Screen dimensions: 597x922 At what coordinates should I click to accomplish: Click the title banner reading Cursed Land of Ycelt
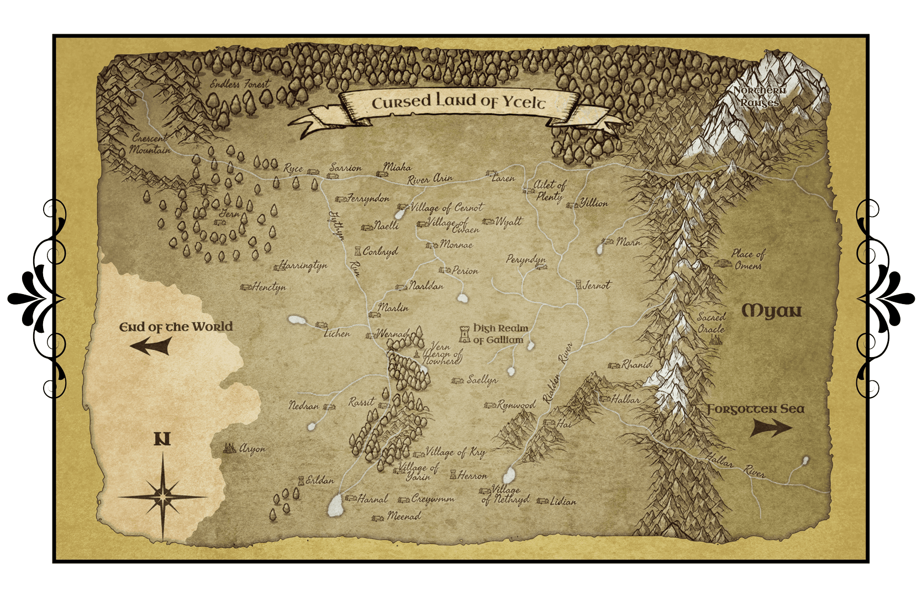458,102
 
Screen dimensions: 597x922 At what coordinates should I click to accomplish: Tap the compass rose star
162,497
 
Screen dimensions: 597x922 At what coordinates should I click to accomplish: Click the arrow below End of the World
150,347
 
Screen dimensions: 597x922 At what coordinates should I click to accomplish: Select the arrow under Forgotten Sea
771,427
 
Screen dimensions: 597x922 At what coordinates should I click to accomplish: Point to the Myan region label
771,311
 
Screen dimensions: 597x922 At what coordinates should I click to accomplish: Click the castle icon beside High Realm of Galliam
464,334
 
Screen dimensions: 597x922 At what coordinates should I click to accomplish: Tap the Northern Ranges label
760,96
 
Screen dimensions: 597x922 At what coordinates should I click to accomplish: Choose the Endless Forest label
240,85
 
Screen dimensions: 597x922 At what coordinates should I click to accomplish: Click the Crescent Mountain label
150,144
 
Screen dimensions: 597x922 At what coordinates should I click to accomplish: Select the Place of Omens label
748,259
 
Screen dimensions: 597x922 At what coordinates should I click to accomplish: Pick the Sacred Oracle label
711,323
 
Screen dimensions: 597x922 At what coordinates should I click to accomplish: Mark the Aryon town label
252,449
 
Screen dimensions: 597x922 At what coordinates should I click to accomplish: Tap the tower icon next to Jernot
578,285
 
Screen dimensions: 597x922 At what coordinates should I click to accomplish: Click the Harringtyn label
303,265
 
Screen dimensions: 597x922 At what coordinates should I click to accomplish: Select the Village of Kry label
455,452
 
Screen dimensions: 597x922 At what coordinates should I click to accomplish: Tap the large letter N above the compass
162,439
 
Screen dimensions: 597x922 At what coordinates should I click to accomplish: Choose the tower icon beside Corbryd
357,251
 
